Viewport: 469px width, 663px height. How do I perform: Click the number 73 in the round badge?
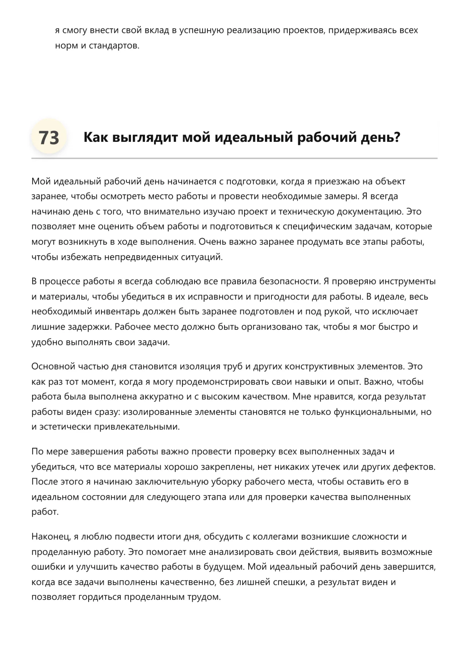(49, 138)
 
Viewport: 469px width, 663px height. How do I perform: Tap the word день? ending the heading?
(381, 137)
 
